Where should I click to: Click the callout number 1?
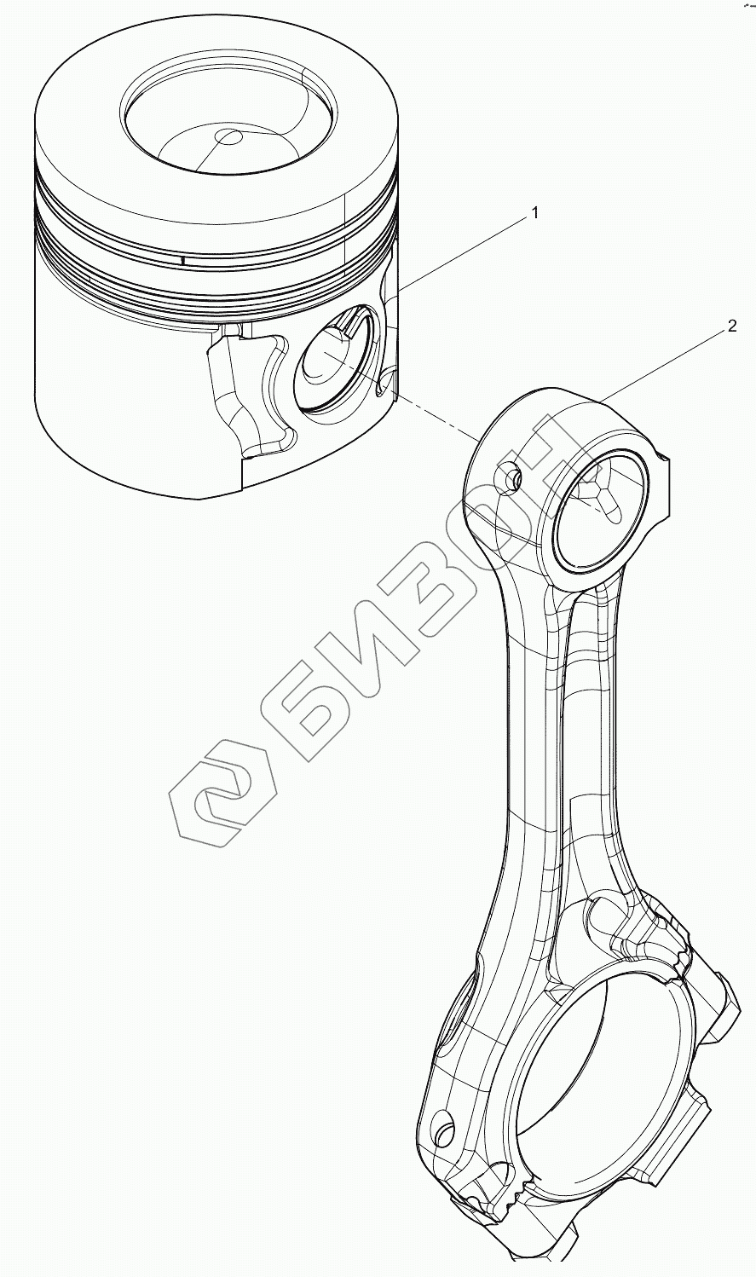(534, 214)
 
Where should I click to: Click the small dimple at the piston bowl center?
(230, 136)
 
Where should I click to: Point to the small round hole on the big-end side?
(444, 1128)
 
